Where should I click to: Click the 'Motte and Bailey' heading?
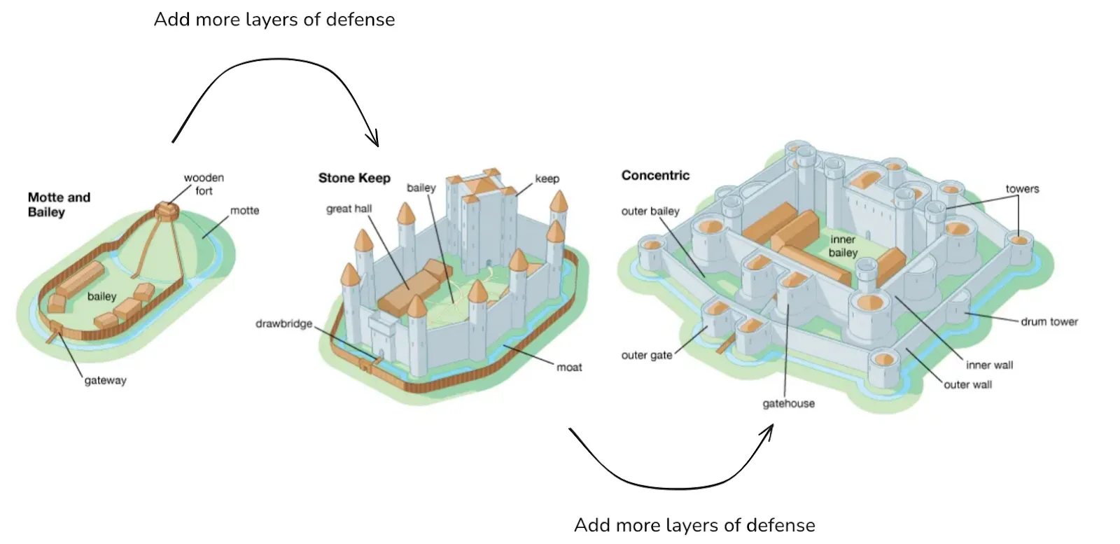(x=59, y=204)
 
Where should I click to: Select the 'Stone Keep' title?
(x=354, y=178)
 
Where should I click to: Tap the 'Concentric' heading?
(x=655, y=175)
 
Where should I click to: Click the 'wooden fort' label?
(x=204, y=184)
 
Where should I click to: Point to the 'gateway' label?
(x=105, y=380)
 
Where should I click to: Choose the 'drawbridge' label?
(x=283, y=323)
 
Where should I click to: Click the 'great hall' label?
(x=349, y=209)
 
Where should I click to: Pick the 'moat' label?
(x=569, y=367)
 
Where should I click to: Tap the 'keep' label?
(x=547, y=179)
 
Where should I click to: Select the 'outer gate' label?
(x=646, y=355)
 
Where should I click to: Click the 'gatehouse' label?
(x=788, y=403)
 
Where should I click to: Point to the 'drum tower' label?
(x=1049, y=321)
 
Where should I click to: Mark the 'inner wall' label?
(x=989, y=365)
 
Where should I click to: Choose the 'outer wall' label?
(x=967, y=384)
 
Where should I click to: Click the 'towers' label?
(x=1022, y=188)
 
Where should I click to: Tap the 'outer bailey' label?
(x=650, y=211)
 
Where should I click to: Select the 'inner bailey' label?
(x=843, y=246)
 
